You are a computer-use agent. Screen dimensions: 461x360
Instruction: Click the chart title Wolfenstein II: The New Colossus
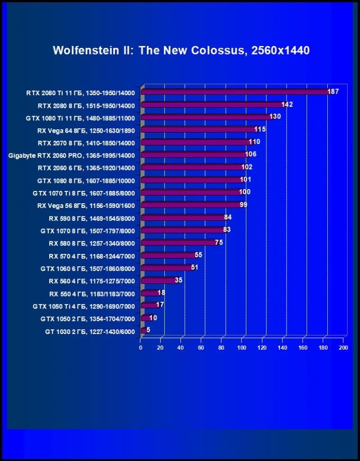(x=181, y=50)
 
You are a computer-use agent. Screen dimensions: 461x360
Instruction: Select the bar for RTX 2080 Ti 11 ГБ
(x=234, y=92)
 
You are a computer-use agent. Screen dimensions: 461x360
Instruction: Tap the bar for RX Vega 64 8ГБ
(x=199, y=129)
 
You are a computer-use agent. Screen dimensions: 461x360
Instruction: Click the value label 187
(x=333, y=91)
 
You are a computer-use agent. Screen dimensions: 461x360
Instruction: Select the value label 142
(x=287, y=104)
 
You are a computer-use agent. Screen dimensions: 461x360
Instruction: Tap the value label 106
(x=251, y=154)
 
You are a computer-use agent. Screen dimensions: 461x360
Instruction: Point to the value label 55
(x=198, y=255)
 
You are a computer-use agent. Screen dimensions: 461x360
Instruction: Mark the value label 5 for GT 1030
(x=148, y=330)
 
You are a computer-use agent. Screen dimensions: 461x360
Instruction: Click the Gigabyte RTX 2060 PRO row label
(x=72, y=155)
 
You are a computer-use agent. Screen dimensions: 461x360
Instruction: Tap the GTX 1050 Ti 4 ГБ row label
(x=83, y=306)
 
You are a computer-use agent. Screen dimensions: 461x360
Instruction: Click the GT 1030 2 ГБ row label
(x=90, y=332)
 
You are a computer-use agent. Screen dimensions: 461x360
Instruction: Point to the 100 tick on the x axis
(x=242, y=348)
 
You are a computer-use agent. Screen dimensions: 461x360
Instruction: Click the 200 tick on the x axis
(x=343, y=348)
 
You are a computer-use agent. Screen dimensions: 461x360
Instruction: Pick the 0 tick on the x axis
(x=141, y=348)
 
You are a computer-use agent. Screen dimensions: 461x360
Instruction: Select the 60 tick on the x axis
(x=201, y=348)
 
